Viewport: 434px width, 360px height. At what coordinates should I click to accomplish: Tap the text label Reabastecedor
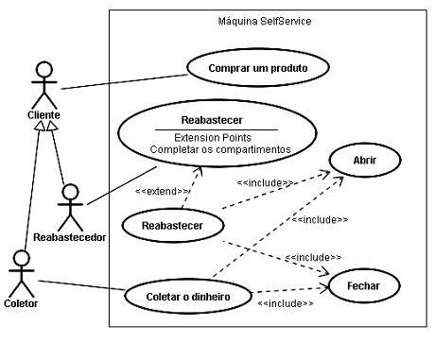[68, 236]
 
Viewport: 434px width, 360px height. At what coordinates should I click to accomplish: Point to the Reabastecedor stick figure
[68, 204]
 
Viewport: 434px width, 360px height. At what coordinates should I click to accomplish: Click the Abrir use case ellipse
[365, 162]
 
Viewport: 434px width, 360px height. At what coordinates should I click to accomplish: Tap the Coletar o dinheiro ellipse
[190, 296]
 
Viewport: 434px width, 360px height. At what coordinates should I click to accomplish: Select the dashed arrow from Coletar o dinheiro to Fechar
[288, 290]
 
